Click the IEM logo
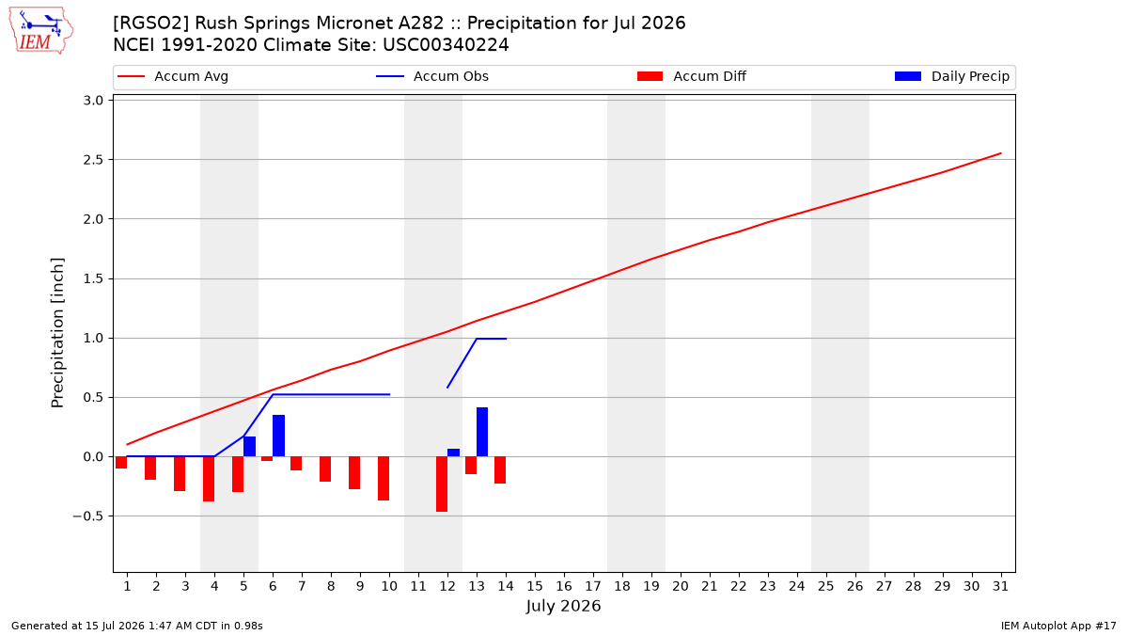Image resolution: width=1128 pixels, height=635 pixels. [x=40, y=31]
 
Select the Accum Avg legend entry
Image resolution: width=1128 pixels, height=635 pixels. [x=173, y=76]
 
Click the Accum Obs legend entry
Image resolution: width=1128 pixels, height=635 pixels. [x=432, y=76]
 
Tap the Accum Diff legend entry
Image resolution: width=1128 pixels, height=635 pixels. [x=692, y=76]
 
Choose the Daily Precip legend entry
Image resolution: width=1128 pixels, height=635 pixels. [x=951, y=76]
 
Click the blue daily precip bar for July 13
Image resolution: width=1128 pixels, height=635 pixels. [x=482, y=432]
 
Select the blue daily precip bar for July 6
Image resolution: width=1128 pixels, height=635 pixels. [x=278, y=436]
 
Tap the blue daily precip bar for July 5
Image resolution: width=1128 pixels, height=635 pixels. [x=249, y=447]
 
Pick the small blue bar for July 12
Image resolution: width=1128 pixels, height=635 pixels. [x=453, y=452]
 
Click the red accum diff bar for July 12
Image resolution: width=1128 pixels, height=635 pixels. [x=442, y=484]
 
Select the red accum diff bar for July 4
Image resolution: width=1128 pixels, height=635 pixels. [x=209, y=479]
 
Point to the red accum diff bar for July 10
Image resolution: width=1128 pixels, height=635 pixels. [x=384, y=479]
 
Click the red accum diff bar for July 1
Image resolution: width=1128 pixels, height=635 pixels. [x=121, y=463]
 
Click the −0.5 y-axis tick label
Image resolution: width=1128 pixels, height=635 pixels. [x=87, y=516]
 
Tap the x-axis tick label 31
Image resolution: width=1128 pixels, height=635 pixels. [x=1000, y=586]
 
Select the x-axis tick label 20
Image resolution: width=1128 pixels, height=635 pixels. [x=681, y=586]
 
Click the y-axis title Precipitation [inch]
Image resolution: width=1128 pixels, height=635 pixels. [x=57, y=333]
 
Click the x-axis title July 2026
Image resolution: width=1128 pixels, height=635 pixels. [x=563, y=606]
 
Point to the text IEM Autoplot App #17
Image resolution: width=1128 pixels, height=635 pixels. [x=1058, y=626]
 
